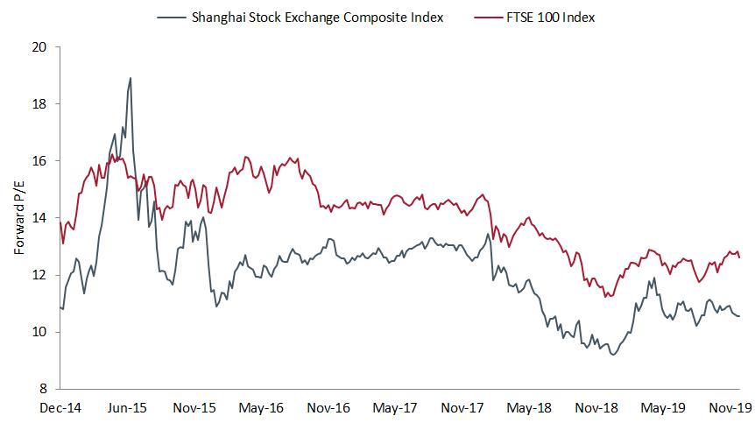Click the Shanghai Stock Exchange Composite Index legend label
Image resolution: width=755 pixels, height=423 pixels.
317,18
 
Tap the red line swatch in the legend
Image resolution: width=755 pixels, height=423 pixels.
477,18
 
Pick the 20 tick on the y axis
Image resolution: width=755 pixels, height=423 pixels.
39,47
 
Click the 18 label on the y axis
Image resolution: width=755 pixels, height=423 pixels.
39,104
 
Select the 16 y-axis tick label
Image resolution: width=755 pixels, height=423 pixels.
39,161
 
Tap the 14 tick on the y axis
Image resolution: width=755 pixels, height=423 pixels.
39,218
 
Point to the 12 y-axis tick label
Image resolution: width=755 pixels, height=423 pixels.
39,275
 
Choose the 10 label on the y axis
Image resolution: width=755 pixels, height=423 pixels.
39,332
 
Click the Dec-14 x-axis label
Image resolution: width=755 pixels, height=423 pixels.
60,408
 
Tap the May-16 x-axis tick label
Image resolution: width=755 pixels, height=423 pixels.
261,408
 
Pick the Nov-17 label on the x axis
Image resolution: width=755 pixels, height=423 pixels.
464,408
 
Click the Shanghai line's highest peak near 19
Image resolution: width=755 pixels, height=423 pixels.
131,78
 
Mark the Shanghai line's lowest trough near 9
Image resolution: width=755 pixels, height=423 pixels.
613,355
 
